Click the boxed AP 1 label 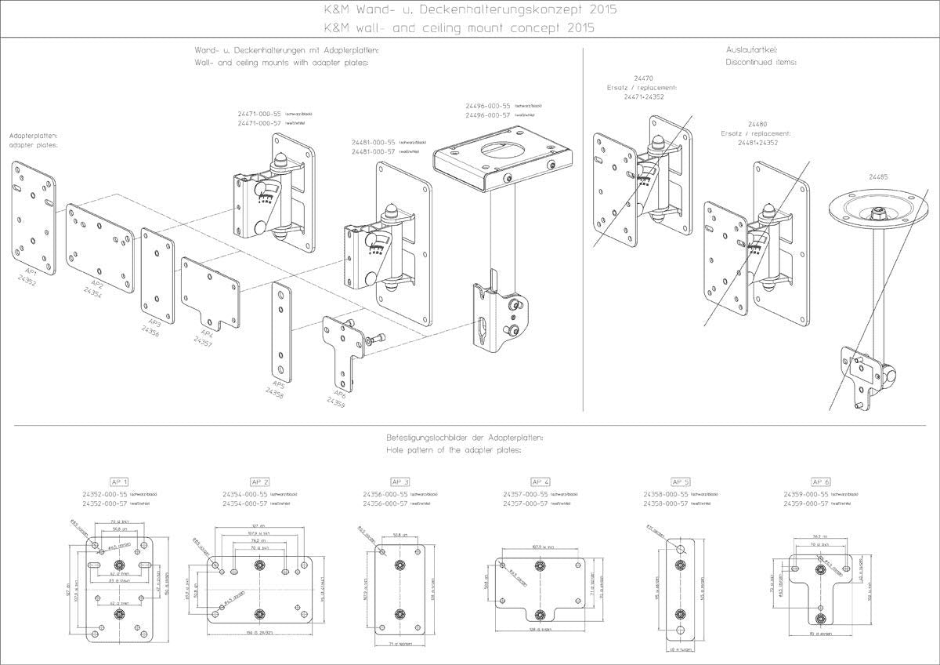(x=119, y=481)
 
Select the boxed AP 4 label (x=540, y=481)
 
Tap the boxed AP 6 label (x=820, y=481)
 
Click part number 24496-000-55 (x=488, y=105)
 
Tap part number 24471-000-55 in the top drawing (x=260, y=114)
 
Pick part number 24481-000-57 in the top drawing (x=374, y=151)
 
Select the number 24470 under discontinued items (x=645, y=78)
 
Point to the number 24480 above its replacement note (x=757, y=124)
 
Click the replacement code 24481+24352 (x=756, y=143)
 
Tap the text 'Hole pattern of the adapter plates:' (x=454, y=451)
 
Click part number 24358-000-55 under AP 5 (x=665, y=494)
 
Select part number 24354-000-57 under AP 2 (x=245, y=503)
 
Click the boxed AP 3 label (x=400, y=481)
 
